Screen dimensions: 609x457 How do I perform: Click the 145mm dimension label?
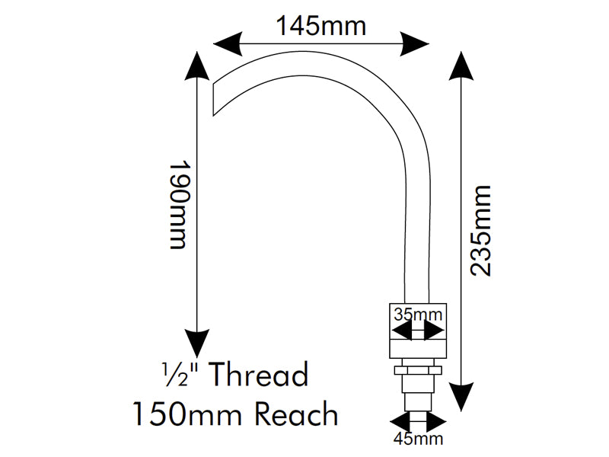click(x=320, y=26)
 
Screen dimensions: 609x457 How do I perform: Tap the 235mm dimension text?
click(x=481, y=231)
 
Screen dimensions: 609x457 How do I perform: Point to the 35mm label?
click(x=418, y=314)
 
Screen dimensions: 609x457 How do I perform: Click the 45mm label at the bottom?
click(x=418, y=439)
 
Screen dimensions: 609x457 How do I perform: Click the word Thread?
click(x=260, y=374)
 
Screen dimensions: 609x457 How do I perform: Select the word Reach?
click(x=297, y=414)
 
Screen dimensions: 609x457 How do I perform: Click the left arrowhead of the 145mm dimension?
click(x=227, y=43)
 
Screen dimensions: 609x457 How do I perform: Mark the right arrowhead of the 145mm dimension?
click(x=415, y=43)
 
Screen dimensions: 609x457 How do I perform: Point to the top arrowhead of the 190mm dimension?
click(x=197, y=66)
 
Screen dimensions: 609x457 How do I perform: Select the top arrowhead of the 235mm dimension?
click(x=461, y=66)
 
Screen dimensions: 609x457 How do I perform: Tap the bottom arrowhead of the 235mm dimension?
click(x=461, y=396)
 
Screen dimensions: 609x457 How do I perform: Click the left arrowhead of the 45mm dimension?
click(x=401, y=422)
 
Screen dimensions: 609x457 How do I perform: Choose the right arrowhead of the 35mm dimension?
click(x=434, y=331)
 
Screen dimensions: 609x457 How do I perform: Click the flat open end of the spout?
click(x=213, y=99)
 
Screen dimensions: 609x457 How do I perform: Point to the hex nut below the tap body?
click(x=418, y=370)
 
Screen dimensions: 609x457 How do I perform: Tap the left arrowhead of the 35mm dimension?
click(x=402, y=331)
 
